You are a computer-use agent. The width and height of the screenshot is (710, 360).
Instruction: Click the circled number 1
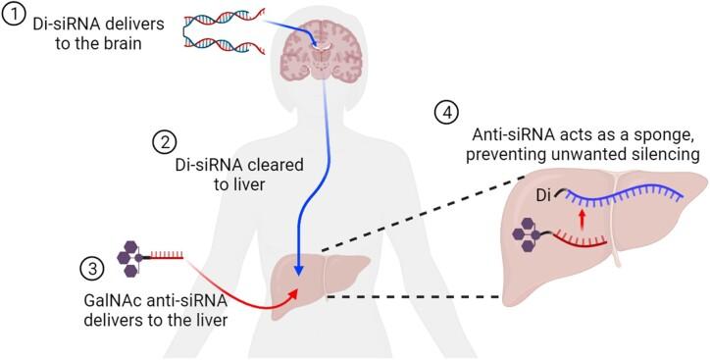15,17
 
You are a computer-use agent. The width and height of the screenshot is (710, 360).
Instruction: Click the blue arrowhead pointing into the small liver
299,271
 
